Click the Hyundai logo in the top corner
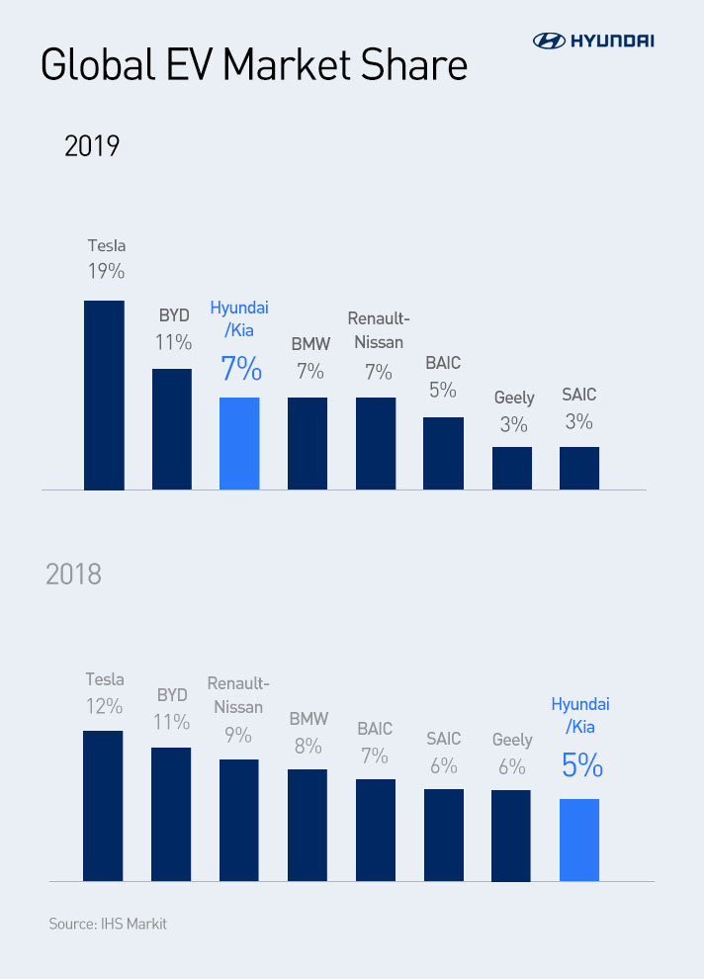click(593, 41)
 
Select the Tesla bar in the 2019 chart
click(104, 395)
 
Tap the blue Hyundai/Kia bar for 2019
click(239, 443)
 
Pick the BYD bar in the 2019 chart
click(171, 429)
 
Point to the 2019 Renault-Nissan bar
click(376, 443)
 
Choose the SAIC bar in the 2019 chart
click(579, 468)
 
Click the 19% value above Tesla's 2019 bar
click(105, 272)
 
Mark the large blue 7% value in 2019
click(240, 369)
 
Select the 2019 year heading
click(92, 146)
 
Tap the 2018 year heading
click(73, 574)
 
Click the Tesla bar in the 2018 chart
click(103, 806)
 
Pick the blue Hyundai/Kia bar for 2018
click(579, 840)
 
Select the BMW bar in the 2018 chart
click(308, 825)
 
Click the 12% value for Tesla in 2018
click(104, 707)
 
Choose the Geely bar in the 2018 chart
click(511, 836)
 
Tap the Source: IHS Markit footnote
click(108, 925)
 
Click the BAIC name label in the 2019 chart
click(443, 364)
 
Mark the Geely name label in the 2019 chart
click(514, 398)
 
